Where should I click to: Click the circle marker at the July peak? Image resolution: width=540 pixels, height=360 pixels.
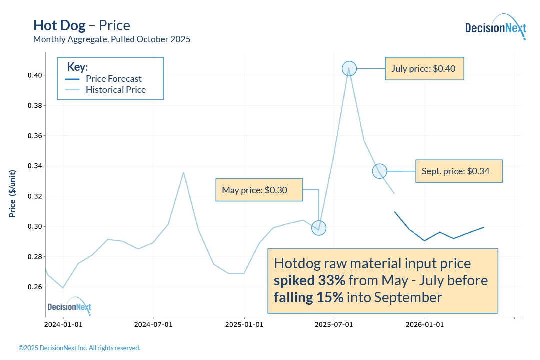tap(349, 69)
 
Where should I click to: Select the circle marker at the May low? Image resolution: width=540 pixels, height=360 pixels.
tap(318, 228)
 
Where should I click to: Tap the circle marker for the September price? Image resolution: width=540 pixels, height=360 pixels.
tap(379, 171)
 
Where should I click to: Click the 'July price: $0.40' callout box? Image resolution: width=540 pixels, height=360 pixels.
tap(425, 68)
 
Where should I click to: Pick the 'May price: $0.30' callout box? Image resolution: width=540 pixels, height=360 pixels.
tap(259, 190)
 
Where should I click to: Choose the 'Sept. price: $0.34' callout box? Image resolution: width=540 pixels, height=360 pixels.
tap(459, 171)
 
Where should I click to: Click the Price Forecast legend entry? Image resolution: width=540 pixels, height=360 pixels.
tap(113, 79)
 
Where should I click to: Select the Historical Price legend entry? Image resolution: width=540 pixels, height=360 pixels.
tap(115, 90)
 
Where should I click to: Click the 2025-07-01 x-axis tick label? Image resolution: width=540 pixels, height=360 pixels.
tap(334, 324)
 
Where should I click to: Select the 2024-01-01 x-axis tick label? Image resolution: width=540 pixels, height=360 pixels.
tap(63, 324)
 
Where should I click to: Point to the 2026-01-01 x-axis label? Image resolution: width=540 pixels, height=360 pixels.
tap(425, 324)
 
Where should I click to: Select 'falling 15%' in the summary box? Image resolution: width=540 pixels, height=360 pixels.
tap(308, 298)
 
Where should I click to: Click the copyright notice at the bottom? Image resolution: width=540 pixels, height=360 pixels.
tap(79, 348)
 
